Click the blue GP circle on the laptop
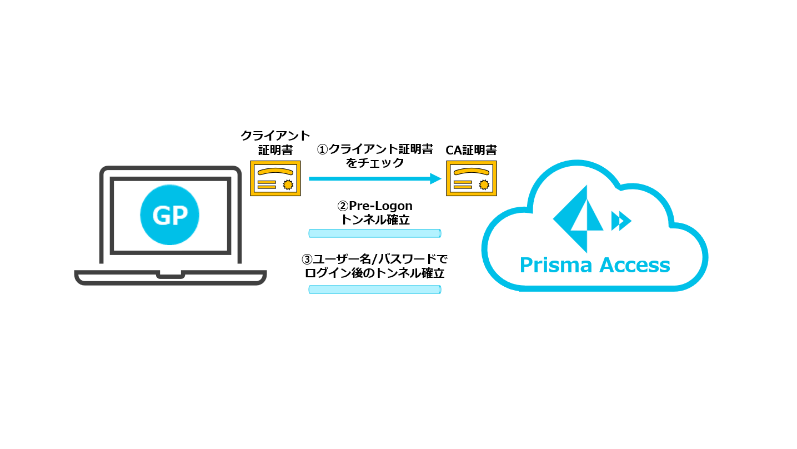click(x=169, y=214)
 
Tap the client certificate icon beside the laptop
click(x=275, y=178)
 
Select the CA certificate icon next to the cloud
click(x=472, y=178)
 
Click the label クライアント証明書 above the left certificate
click(x=275, y=142)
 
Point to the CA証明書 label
click(x=471, y=149)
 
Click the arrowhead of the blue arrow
click(x=435, y=179)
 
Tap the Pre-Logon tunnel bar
click(x=374, y=233)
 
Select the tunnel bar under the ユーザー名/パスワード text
click(x=374, y=289)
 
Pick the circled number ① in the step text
click(x=323, y=149)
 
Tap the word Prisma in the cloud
click(x=552, y=265)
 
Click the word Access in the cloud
click(x=633, y=265)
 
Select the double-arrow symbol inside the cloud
click(x=621, y=221)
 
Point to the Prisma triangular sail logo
click(x=578, y=218)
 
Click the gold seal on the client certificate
click(x=288, y=184)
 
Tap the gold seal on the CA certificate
click(x=484, y=184)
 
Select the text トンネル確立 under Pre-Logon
click(x=374, y=220)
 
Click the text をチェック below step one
click(x=374, y=163)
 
